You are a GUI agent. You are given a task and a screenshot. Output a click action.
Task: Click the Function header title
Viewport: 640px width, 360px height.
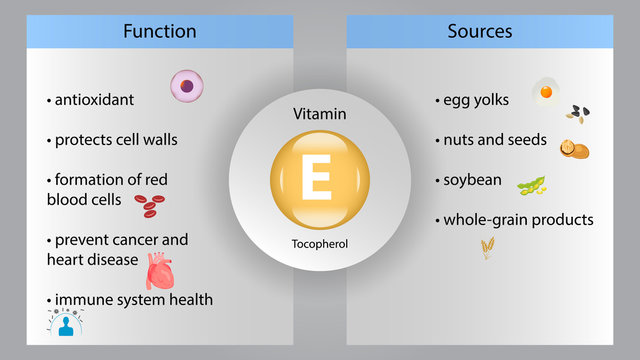pyautogui.click(x=160, y=31)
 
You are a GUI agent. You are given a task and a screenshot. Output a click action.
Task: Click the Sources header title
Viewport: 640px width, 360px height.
pyautogui.click(x=479, y=31)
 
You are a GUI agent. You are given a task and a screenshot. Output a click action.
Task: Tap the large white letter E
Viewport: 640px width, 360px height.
pyautogui.click(x=319, y=180)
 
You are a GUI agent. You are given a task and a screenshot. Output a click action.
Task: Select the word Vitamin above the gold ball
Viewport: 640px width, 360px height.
pyautogui.click(x=320, y=115)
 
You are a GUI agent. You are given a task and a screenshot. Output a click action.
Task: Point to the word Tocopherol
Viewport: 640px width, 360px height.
pyautogui.click(x=320, y=243)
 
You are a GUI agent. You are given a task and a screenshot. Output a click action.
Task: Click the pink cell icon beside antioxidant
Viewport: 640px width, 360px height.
pyautogui.click(x=186, y=86)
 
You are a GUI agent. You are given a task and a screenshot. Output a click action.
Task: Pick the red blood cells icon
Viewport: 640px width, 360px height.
pyautogui.click(x=150, y=206)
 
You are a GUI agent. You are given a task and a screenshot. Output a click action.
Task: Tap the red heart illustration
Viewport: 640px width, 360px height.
pyautogui.click(x=160, y=270)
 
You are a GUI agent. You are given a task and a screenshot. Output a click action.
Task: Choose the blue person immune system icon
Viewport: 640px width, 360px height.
pyautogui.click(x=66, y=322)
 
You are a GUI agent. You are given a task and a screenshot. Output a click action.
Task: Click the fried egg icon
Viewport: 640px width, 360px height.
pyautogui.click(x=545, y=90)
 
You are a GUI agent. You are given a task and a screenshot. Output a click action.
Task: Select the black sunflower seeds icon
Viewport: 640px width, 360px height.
pyautogui.click(x=577, y=114)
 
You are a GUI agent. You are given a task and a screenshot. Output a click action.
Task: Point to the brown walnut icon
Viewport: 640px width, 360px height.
pyautogui.click(x=573, y=149)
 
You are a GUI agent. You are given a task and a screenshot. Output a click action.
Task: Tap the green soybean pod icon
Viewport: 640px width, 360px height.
pyautogui.click(x=531, y=185)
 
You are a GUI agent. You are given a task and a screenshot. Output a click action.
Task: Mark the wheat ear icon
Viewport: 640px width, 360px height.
pyautogui.click(x=487, y=246)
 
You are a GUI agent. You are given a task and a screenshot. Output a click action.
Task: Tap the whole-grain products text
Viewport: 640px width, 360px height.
pyautogui.click(x=518, y=219)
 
